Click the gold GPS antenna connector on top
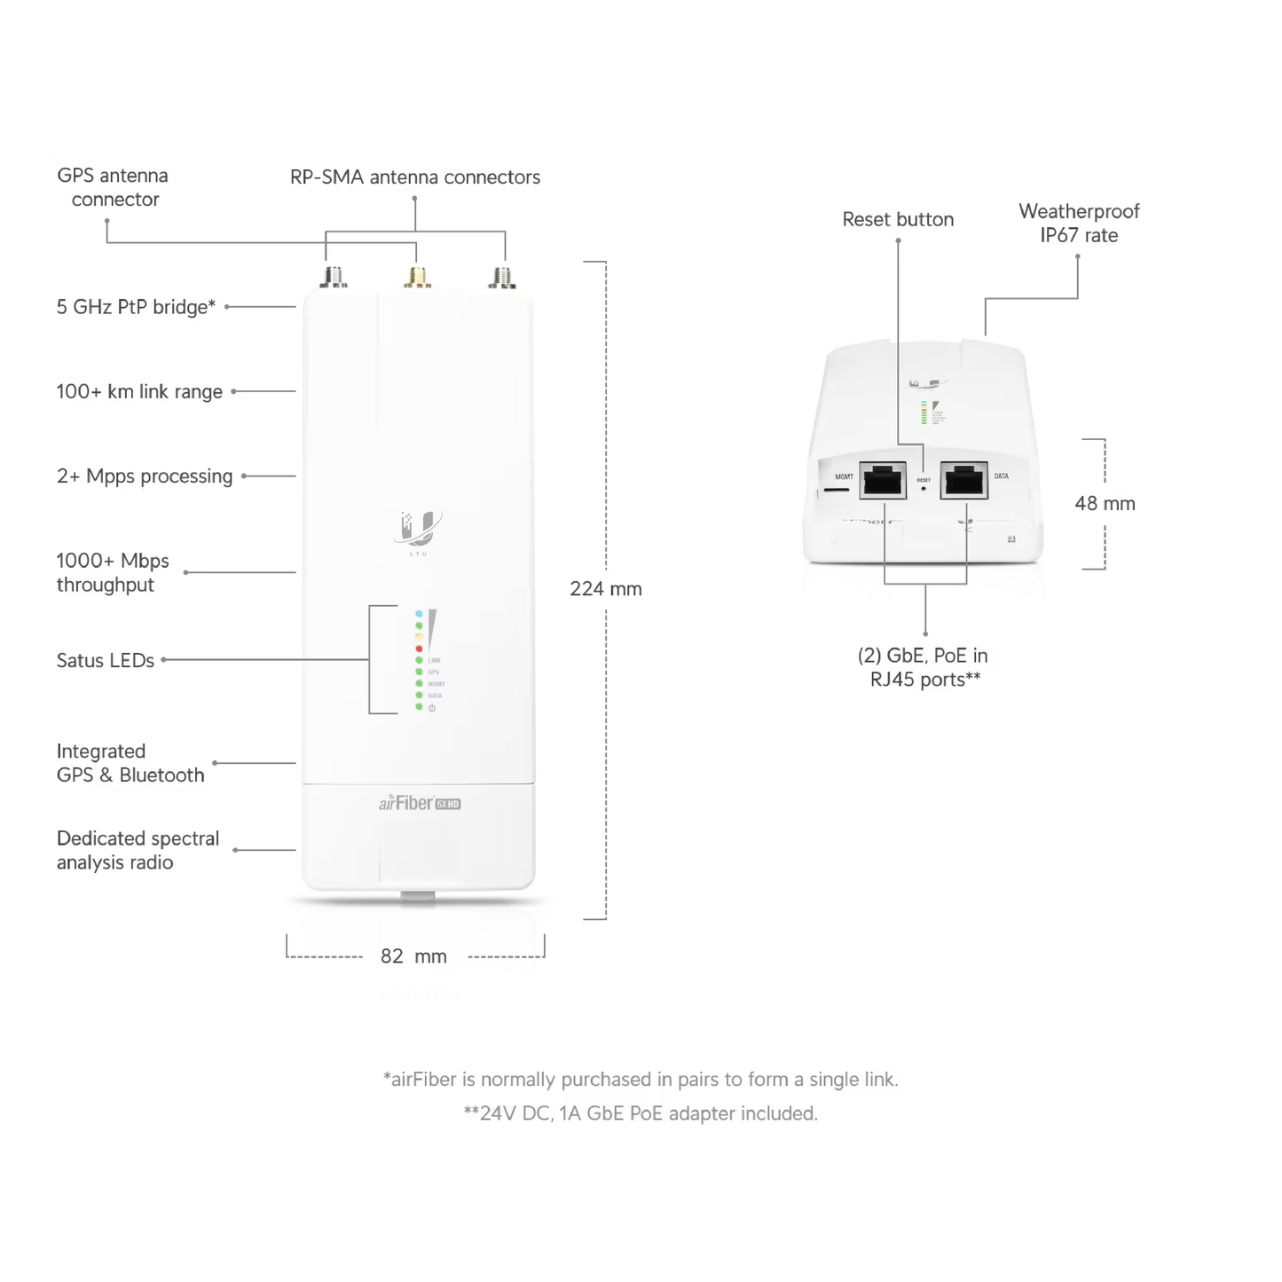(417, 277)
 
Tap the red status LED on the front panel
(419, 649)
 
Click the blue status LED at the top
(419, 614)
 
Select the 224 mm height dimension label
(605, 589)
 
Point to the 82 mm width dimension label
(413, 956)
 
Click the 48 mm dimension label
(1105, 504)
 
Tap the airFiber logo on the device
(420, 804)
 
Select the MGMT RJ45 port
(883, 481)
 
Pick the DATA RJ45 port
(963, 481)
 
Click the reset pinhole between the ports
(924, 489)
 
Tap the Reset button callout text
(898, 219)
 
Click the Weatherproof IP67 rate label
(1079, 224)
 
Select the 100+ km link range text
(139, 391)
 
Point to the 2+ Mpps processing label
(145, 476)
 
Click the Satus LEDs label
(106, 660)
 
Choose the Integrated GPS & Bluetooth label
(130, 763)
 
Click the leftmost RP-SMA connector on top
(334, 277)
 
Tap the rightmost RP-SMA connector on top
(502, 277)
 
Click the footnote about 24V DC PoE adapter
(641, 1113)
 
